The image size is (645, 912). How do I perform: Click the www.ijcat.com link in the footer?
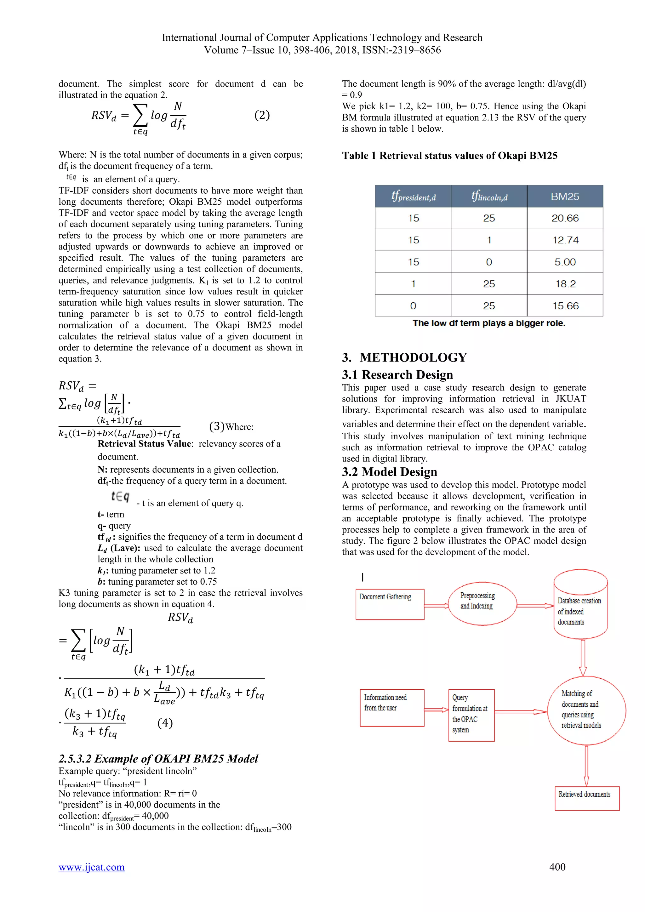pyautogui.click(x=91, y=867)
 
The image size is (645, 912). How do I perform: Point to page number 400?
pyautogui.click(x=557, y=867)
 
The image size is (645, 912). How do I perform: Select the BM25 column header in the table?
pyautogui.click(x=565, y=196)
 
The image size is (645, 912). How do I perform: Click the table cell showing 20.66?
pyautogui.click(x=565, y=218)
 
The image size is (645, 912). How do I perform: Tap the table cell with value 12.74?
pyautogui.click(x=565, y=240)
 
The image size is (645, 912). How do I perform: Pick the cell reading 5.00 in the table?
pyautogui.click(x=565, y=262)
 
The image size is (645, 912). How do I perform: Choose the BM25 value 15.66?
pyautogui.click(x=565, y=305)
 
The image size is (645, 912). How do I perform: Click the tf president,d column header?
pyautogui.click(x=413, y=196)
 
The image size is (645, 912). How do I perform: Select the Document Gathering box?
pyautogui.click(x=390, y=604)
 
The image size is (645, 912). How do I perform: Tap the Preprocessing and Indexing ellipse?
pyautogui.click(x=482, y=604)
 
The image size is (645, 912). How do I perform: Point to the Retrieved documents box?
pyautogui.click(x=587, y=798)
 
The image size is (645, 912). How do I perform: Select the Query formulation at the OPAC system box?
pyautogui.click(x=471, y=715)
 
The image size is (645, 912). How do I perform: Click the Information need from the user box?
pyautogui.click(x=391, y=707)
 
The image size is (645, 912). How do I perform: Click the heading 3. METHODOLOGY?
pyautogui.click(x=404, y=357)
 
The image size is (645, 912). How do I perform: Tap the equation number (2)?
pyautogui.click(x=262, y=115)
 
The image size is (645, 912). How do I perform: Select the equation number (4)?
pyautogui.click(x=165, y=722)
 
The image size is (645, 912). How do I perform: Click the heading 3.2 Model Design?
pyautogui.click(x=389, y=471)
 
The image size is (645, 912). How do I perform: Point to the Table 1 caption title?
pyautogui.click(x=450, y=155)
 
